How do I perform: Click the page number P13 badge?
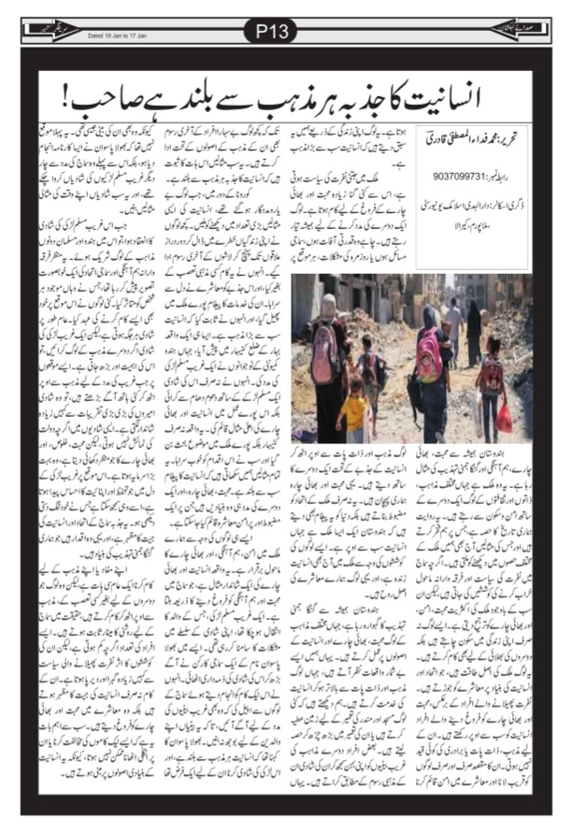coord(285,32)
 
